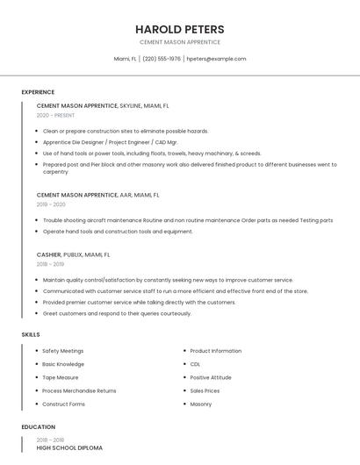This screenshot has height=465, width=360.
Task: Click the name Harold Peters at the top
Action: click(180, 29)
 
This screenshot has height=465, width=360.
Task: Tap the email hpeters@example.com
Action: click(216, 59)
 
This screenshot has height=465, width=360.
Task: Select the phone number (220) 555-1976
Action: click(162, 59)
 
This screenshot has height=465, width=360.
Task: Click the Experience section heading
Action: click(38, 92)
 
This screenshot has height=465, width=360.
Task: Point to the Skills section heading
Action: click(31, 334)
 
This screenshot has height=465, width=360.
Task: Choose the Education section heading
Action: click(39, 427)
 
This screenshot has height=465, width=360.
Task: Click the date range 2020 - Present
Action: click(55, 115)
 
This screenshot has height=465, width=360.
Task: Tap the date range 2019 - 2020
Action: click(51, 204)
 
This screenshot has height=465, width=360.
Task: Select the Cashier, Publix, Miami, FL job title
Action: click(73, 254)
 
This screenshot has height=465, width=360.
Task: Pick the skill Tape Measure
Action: click(61, 377)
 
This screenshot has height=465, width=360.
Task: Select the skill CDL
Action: click(195, 364)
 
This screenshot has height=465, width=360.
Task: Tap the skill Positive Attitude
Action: click(211, 377)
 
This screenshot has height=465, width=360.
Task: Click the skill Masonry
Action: click(200, 404)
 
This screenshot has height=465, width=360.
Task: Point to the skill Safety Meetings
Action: click(63, 351)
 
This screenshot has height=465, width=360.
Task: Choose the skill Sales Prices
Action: click(205, 390)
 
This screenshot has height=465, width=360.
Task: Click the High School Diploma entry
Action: click(69, 447)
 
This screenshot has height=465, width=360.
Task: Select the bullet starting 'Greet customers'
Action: click(117, 313)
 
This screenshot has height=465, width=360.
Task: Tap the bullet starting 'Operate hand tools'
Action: click(118, 232)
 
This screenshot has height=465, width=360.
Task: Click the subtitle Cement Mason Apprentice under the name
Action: click(180, 42)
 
